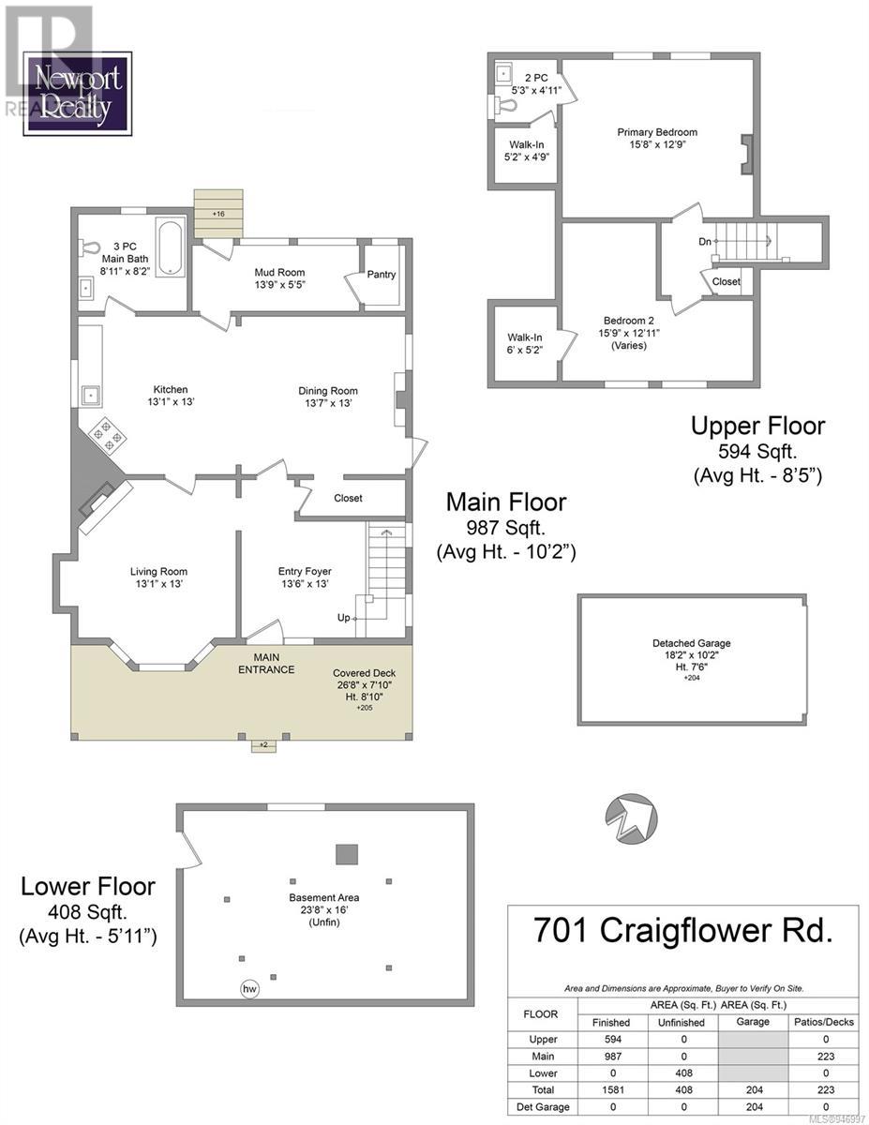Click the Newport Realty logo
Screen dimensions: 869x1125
[77, 94]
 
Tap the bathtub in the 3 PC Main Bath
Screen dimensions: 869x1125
[170, 247]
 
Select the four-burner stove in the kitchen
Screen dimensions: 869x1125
[107, 435]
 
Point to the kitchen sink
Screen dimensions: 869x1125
[91, 396]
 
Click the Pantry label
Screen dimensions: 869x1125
[381, 275]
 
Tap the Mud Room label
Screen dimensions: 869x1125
[279, 272]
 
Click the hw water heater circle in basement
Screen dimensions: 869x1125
[250, 989]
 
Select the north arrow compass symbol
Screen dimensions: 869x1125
[632, 820]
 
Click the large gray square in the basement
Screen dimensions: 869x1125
[347, 854]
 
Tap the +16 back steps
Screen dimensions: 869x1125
[218, 214]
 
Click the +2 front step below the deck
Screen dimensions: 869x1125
[263, 745]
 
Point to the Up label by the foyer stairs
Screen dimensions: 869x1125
[344, 618]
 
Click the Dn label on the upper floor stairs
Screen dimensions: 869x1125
[704, 241]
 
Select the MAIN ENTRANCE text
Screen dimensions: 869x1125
[266, 663]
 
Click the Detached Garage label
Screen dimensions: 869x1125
[692, 643]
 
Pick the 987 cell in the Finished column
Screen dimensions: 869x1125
[613, 1057]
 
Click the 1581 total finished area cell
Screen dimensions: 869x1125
[613, 1089]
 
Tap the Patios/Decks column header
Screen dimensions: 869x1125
[824, 1022]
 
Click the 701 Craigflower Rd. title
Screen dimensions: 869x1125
[682, 930]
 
